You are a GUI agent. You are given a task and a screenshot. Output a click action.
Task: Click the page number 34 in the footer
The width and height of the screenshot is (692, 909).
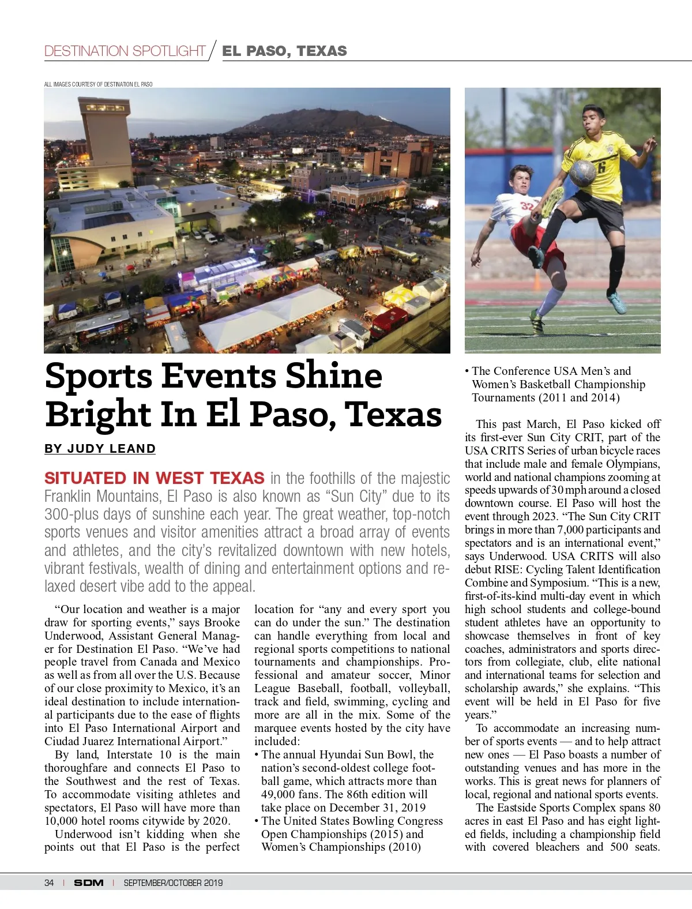pyautogui.click(x=49, y=882)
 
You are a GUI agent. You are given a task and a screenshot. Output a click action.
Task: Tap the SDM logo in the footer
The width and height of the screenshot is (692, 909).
pyautogui.click(x=89, y=882)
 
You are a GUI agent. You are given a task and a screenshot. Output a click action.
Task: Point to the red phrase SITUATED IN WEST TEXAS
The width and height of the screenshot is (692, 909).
pyautogui.click(x=155, y=478)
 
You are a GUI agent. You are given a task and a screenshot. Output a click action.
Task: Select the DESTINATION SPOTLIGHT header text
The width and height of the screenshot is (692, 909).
pyautogui.click(x=125, y=51)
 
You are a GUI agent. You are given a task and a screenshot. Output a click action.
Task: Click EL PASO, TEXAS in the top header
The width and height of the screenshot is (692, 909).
pyautogui.click(x=285, y=51)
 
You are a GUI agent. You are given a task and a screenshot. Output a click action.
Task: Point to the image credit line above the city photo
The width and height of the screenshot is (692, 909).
pyautogui.click(x=99, y=84)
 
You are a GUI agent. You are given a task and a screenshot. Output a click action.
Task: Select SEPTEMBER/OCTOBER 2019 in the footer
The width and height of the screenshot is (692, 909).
pyautogui.click(x=173, y=882)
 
